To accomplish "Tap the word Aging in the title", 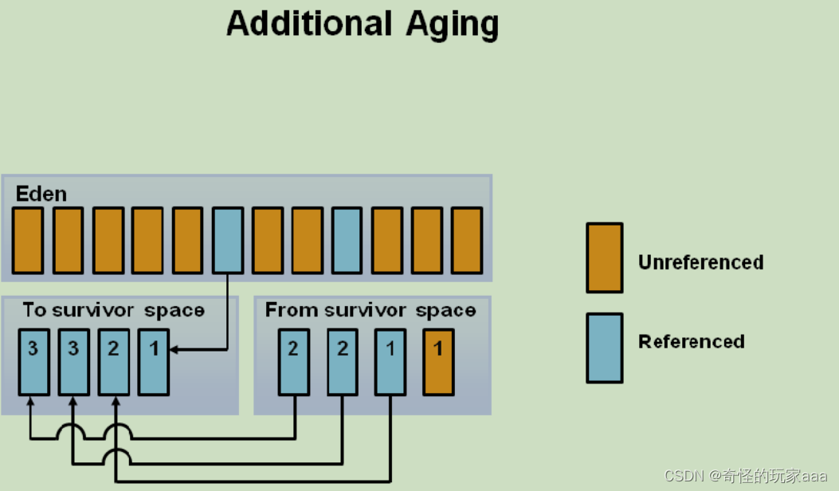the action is click(x=451, y=26).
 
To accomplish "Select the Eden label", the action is click(x=41, y=194).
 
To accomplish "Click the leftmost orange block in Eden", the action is click(x=28, y=240).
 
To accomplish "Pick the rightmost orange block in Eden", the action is click(x=467, y=240).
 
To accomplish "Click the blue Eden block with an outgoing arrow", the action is click(x=228, y=240).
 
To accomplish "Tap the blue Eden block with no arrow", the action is click(x=347, y=240).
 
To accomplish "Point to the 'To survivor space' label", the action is click(x=113, y=310).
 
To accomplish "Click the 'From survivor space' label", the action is click(x=370, y=310).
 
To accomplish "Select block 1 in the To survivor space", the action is click(x=153, y=361).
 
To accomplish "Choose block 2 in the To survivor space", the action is click(x=113, y=361).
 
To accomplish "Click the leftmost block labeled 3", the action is click(x=33, y=361).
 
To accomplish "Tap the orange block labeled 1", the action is click(x=438, y=361).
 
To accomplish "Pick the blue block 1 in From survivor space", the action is click(x=390, y=361).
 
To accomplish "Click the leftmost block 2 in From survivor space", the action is click(x=293, y=361).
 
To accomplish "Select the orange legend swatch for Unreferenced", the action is click(x=604, y=257).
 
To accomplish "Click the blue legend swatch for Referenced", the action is click(x=604, y=348).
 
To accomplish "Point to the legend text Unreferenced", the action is click(x=700, y=262).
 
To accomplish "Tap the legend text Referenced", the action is click(x=691, y=342).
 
